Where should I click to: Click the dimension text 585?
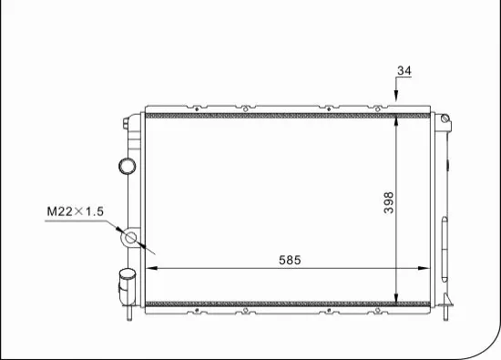[x=289, y=260]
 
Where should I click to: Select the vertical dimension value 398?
[x=388, y=201]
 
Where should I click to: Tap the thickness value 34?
[x=405, y=70]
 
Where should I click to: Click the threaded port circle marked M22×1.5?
[x=130, y=240]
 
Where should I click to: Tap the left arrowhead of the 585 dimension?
[x=151, y=268]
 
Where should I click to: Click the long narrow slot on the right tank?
[x=444, y=245]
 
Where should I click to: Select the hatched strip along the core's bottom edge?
[x=273, y=302]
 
